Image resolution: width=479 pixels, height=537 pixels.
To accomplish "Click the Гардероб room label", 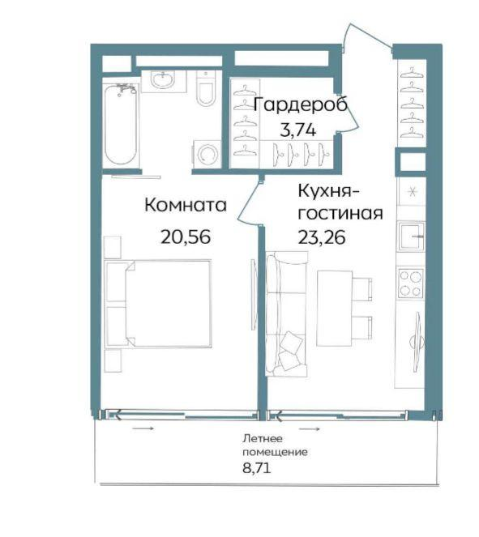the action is tap(301, 104).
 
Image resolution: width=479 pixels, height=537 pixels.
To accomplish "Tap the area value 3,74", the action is tap(297, 130).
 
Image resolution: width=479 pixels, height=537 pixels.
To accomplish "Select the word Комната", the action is tap(186, 206).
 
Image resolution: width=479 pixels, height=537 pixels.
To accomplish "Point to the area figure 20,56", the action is tap(186, 237).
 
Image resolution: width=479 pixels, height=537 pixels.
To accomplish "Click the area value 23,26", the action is tap(322, 237).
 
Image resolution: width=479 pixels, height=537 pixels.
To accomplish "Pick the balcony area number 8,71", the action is tap(257, 468).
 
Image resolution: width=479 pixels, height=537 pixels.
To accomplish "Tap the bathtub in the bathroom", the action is tap(121, 124).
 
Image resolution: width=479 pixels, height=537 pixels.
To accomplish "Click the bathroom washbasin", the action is tap(164, 81).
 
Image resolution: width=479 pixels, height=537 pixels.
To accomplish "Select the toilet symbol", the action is tap(205, 88).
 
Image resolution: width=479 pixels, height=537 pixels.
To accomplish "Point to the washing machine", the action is tap(207, 154).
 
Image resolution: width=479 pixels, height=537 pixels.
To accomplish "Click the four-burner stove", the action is tap(410, 283).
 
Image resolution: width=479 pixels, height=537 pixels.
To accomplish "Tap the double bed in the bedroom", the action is tap(157, 304).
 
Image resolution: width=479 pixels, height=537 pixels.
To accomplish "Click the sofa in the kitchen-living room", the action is tap(286, 314).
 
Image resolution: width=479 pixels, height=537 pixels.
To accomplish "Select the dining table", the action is tap(335, 309).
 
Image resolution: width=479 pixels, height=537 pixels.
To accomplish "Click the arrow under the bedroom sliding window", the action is tap(143, 428).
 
